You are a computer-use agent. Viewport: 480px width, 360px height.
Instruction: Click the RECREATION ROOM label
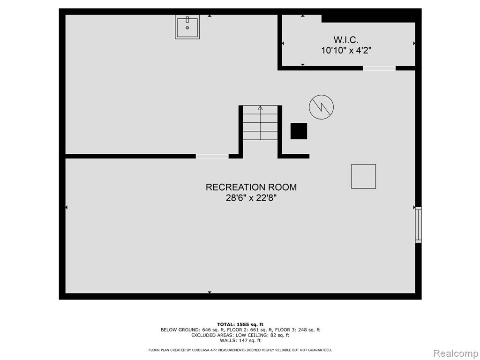click(251, 187)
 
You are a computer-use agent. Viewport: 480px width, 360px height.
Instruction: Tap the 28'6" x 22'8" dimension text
click(251, 198)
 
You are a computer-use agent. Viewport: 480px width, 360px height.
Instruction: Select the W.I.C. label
click(346, 40)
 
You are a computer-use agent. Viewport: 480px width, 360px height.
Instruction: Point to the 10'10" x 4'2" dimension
click(346, 50)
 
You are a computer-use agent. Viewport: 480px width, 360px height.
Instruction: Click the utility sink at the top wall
click(187, 27)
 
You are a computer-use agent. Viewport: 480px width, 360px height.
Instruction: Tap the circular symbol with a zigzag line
click(321, 107)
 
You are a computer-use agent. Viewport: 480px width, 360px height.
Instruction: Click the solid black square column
click(299, 131)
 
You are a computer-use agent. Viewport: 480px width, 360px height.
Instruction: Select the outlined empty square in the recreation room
click(363, 176)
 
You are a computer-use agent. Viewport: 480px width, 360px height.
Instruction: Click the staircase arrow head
click(260, 108)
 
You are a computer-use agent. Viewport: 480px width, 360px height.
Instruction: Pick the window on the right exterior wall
click(418, 225)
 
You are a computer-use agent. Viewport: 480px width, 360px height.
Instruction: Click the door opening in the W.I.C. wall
click(379, 68)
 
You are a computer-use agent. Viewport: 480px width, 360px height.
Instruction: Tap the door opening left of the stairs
click(212, 157)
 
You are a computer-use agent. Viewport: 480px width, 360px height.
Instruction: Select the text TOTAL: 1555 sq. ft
click(240, 324)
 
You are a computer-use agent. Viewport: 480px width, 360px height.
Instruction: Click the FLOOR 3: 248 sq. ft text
click(298, 330)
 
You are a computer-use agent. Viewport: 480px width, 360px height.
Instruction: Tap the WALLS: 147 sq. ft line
click(240, 340)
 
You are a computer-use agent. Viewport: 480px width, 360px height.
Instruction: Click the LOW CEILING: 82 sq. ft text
click(262, 335)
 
